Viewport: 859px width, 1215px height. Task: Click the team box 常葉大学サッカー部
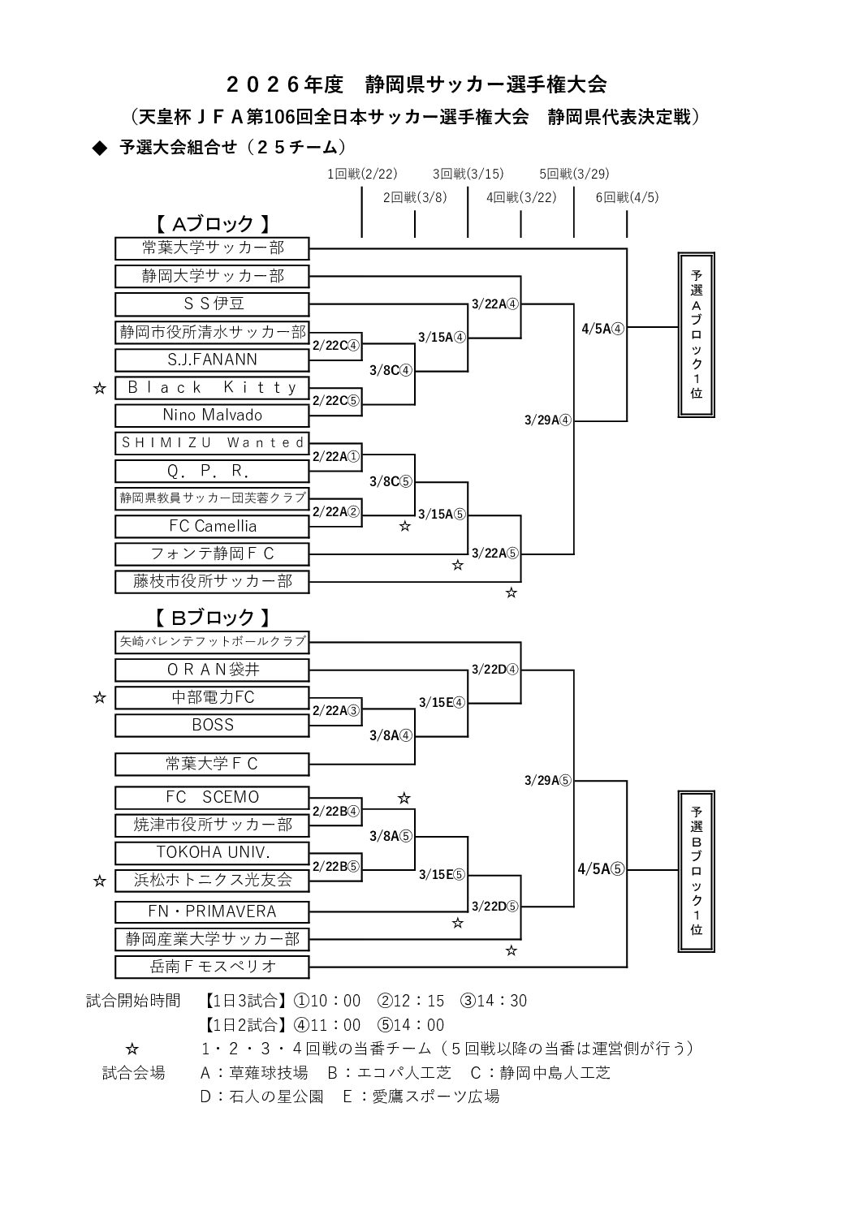pyautogui.click(x=212, y=248)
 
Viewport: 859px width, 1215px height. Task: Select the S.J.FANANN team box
pyautogui.click(x=212, y=360)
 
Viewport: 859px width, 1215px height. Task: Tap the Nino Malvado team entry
pyautogui.click(x=212, y=415)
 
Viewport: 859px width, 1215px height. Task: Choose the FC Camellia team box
pyautogui.click(x=212, y=526)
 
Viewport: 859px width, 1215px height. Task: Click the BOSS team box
pyautogui.click(x=212, y=725)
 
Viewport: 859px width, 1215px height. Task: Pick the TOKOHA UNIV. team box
pyautogui.click(x=212, y=852)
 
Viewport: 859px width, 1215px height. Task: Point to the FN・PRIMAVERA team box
pyautogui.click(x=212, y=911)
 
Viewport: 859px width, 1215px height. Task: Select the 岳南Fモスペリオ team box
pyautogui.click(x=212, y=967)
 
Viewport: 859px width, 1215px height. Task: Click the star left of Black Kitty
pyautogui.click(x=99, y=388)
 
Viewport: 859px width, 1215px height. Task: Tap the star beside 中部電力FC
pyautogui.click(x=99, y=697)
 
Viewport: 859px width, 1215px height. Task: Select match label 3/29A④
pyautogui.click(x=548, y=420)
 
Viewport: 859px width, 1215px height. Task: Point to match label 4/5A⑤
pyautogui.click(x=601, y=868)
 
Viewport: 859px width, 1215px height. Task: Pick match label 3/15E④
pyautogui.click(x=442, y=703)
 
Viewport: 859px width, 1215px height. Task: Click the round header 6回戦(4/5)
pyautogui.click(x=626, y=197)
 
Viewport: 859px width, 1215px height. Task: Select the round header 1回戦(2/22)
pyautogui.click(x=361, y=174)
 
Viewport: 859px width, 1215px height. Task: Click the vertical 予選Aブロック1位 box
pyautogui.click(x=697, y=334)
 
